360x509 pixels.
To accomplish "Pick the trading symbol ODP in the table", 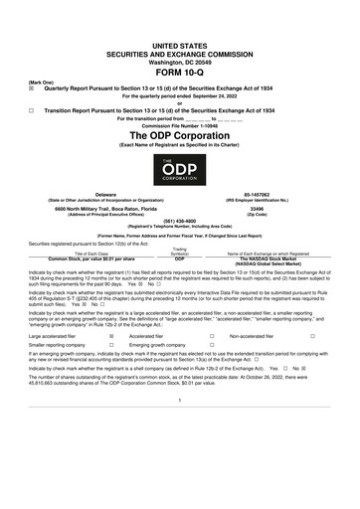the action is point(180,256).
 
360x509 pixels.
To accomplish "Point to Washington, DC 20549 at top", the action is point(180,31).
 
